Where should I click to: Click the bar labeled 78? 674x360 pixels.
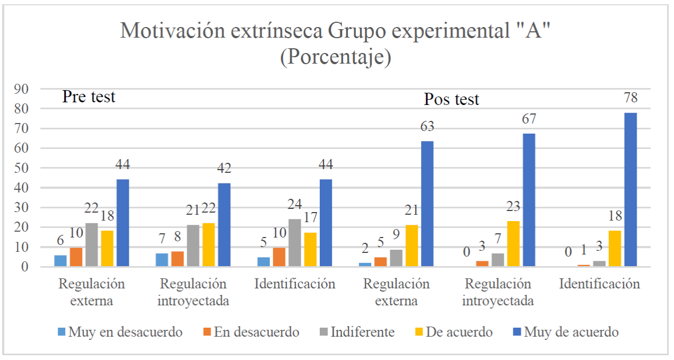tap(631, 189)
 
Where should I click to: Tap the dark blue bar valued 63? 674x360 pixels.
tap(427, 204)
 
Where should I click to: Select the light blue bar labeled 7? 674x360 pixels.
tap(162, 260)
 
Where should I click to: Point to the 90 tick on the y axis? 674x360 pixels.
tap(22, 89)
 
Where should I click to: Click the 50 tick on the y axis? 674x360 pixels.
tap(22, 168)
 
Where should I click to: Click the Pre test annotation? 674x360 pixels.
tap(89, 97)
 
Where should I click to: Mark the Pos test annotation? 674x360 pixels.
tap(451, 99)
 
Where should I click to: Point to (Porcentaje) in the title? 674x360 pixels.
tap(336, 57)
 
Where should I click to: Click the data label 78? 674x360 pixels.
tap(631, 98)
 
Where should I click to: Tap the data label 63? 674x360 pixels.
tap(427, 126)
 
